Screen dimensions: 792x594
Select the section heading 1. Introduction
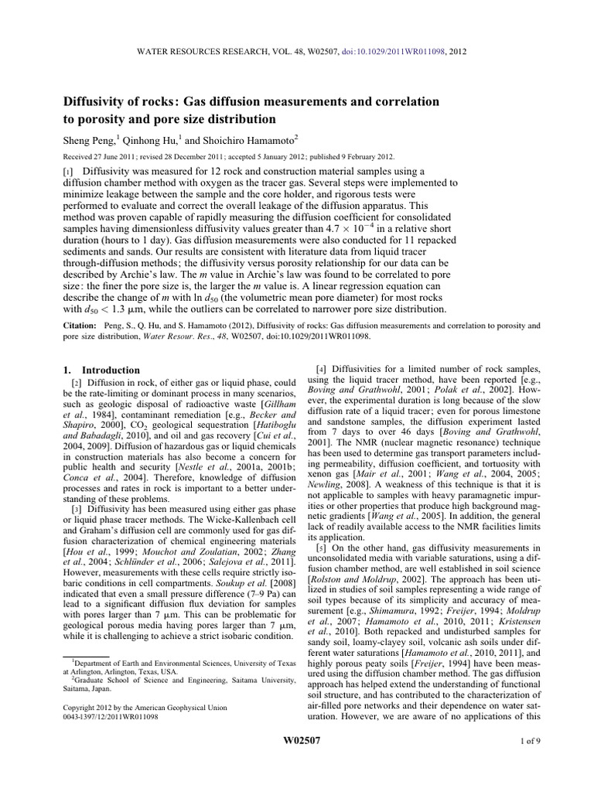point(100,370)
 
